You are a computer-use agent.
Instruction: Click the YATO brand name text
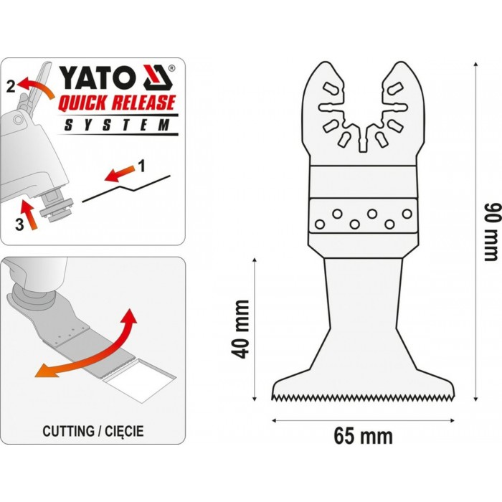click(98, 77)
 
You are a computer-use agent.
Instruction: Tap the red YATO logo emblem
click(157, 77)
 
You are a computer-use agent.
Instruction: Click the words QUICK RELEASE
click(117, 103)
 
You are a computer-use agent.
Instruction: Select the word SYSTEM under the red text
click(117, 125)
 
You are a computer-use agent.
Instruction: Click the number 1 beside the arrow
click(141, 166)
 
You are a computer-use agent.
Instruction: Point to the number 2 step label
click(11, 87)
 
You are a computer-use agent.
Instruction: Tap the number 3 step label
click(19, 224)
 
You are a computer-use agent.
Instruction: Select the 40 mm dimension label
click(241, 329)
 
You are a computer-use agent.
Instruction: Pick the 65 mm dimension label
click(363, 436)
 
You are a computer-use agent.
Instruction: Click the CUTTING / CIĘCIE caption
click(93, 431)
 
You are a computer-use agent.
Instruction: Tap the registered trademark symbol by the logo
click(172, 68)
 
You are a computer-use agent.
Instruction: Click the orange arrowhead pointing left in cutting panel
click(43, 371)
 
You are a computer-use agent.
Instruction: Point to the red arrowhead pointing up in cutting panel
click(129, 316)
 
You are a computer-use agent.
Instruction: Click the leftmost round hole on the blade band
click(320, 224)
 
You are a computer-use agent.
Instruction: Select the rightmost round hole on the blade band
click(407, 214)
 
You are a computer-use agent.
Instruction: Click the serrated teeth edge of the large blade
click(363, 397)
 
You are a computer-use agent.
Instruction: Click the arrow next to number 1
click(119, 174)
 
